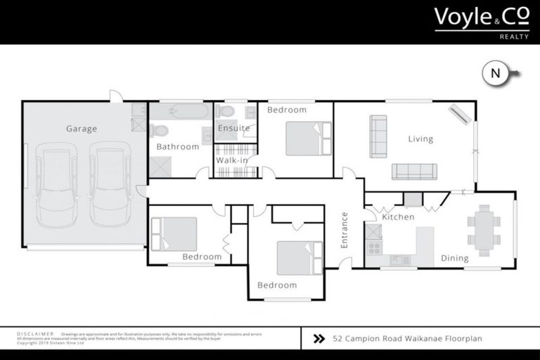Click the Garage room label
point(82,129)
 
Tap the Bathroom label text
point(177,147)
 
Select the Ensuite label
point(233,129)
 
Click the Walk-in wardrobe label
point(233,161)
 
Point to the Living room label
point(420,139)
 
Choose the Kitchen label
point(398,217)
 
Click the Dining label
point(454,258)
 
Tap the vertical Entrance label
point(345,230)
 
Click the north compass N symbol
point(496,73)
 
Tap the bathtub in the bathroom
point(180,111)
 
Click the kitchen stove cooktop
point(373,247)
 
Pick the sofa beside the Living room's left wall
point(378,136)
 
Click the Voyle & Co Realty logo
point(481,21)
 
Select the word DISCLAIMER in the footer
point(34,334)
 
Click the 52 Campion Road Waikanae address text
point(407,338)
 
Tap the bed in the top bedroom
point(307,139)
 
